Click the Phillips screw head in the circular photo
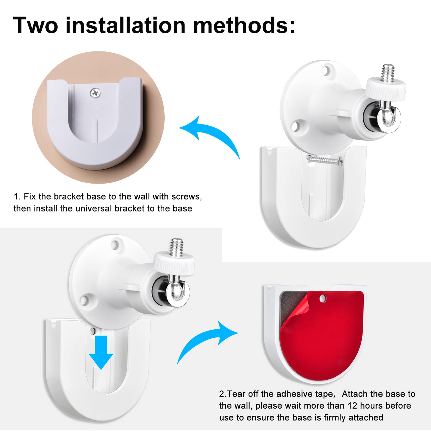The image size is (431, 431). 95,93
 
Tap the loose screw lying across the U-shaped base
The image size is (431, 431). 325,160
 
